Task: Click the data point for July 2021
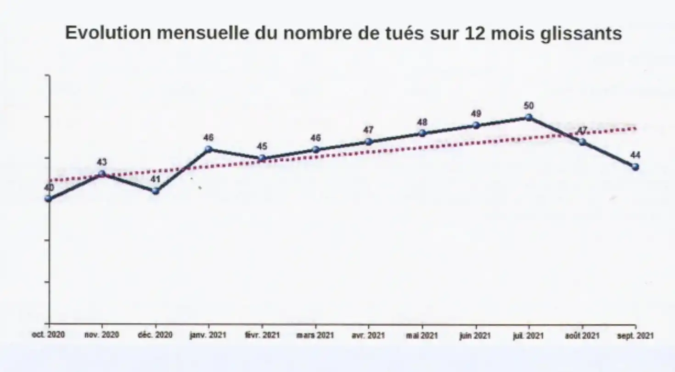[529, 118]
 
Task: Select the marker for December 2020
[155, 191]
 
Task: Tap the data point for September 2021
[636, 167]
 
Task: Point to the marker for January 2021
[208, 149]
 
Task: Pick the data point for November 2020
[102, 174]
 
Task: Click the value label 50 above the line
[529, 106]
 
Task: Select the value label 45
[262, 147]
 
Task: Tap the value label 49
[476, 114]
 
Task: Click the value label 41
[155, 179]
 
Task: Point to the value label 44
[636, 155]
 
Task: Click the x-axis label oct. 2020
[48, 335]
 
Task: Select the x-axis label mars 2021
[315, 335]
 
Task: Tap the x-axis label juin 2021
[475, 335]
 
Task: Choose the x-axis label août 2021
[582, 335]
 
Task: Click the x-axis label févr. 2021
[262, 335]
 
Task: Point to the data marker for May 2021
[422, 133]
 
